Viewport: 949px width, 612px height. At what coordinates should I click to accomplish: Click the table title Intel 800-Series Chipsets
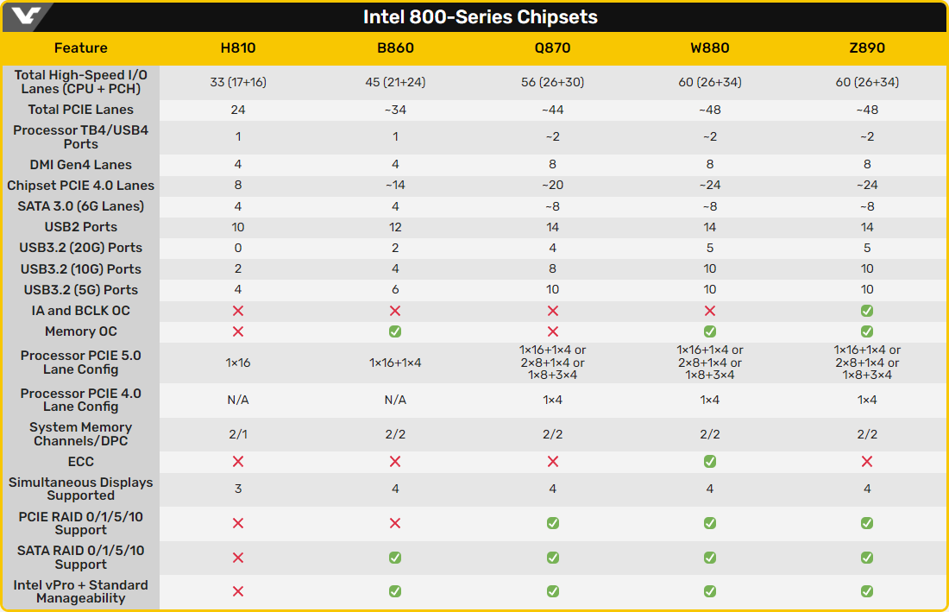480,17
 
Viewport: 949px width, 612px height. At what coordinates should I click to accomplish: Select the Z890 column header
867,48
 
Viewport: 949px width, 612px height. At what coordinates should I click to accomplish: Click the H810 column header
238,48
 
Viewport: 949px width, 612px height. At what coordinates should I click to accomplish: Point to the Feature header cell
81,48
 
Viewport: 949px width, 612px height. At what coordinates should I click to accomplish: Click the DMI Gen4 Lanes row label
81,165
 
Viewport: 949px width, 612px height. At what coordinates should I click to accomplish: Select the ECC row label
81,462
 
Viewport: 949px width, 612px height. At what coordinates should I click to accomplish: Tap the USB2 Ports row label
81,227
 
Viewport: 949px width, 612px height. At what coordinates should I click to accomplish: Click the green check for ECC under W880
710,462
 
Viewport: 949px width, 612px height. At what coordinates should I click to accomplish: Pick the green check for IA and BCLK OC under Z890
867,311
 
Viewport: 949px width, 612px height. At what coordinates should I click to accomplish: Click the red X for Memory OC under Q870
553,331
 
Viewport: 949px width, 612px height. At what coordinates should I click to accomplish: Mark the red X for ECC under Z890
867,462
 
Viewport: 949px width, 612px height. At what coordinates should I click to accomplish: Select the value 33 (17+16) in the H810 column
238,82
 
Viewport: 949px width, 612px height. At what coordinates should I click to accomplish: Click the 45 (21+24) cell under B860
395,82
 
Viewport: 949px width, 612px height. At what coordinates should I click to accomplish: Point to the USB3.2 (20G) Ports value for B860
395,248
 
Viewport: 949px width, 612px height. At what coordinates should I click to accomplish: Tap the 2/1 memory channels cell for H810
238,434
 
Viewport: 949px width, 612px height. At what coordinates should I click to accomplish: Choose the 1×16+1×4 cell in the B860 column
395,363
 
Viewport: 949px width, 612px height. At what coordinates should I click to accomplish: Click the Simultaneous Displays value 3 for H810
238,489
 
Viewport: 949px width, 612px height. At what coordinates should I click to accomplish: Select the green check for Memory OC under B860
395,331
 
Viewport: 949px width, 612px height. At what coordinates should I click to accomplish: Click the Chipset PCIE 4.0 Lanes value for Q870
553,186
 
